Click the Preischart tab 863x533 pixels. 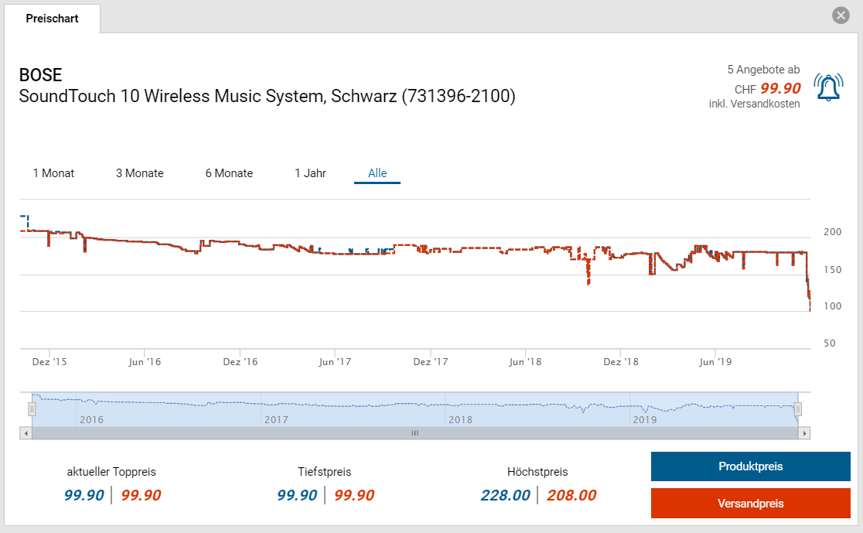tap(52, 19)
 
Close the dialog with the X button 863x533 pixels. tap(841, 15)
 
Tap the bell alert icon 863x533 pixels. tap(828, 87)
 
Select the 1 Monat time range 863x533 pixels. tap(53, 173)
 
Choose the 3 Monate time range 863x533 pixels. tap(140, 173)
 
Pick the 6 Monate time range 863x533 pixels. tap(229, 173)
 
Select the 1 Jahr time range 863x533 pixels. tap(310, 173)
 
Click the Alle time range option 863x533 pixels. tap(377, 173)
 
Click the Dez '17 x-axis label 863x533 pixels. tap(431, 361)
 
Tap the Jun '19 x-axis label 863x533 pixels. tap(715, 361)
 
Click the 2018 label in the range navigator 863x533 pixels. tap(460, 419)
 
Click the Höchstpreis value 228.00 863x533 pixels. tap(505, 495)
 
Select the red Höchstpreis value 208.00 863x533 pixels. tap(571, 495)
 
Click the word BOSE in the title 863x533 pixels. tap(40, 75)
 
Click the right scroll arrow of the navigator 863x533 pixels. tap(805, 433)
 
